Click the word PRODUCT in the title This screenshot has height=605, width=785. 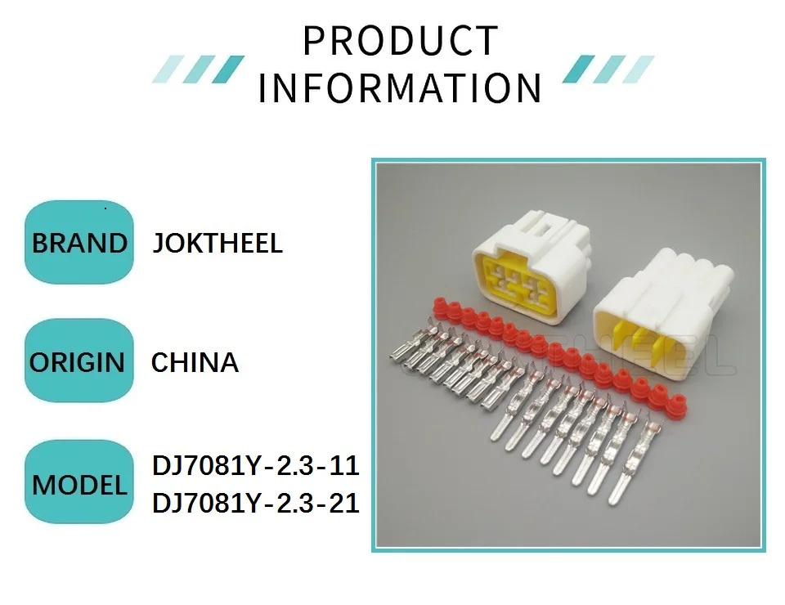400,41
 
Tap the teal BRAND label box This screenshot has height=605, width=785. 78,243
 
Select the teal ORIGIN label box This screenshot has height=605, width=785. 78,361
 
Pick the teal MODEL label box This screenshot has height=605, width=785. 78,484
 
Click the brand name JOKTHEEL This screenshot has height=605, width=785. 218,243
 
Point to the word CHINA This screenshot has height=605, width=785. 195,361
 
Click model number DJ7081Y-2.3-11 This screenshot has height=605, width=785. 256,466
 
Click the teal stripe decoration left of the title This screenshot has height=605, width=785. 199,69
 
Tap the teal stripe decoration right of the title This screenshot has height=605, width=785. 608,69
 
